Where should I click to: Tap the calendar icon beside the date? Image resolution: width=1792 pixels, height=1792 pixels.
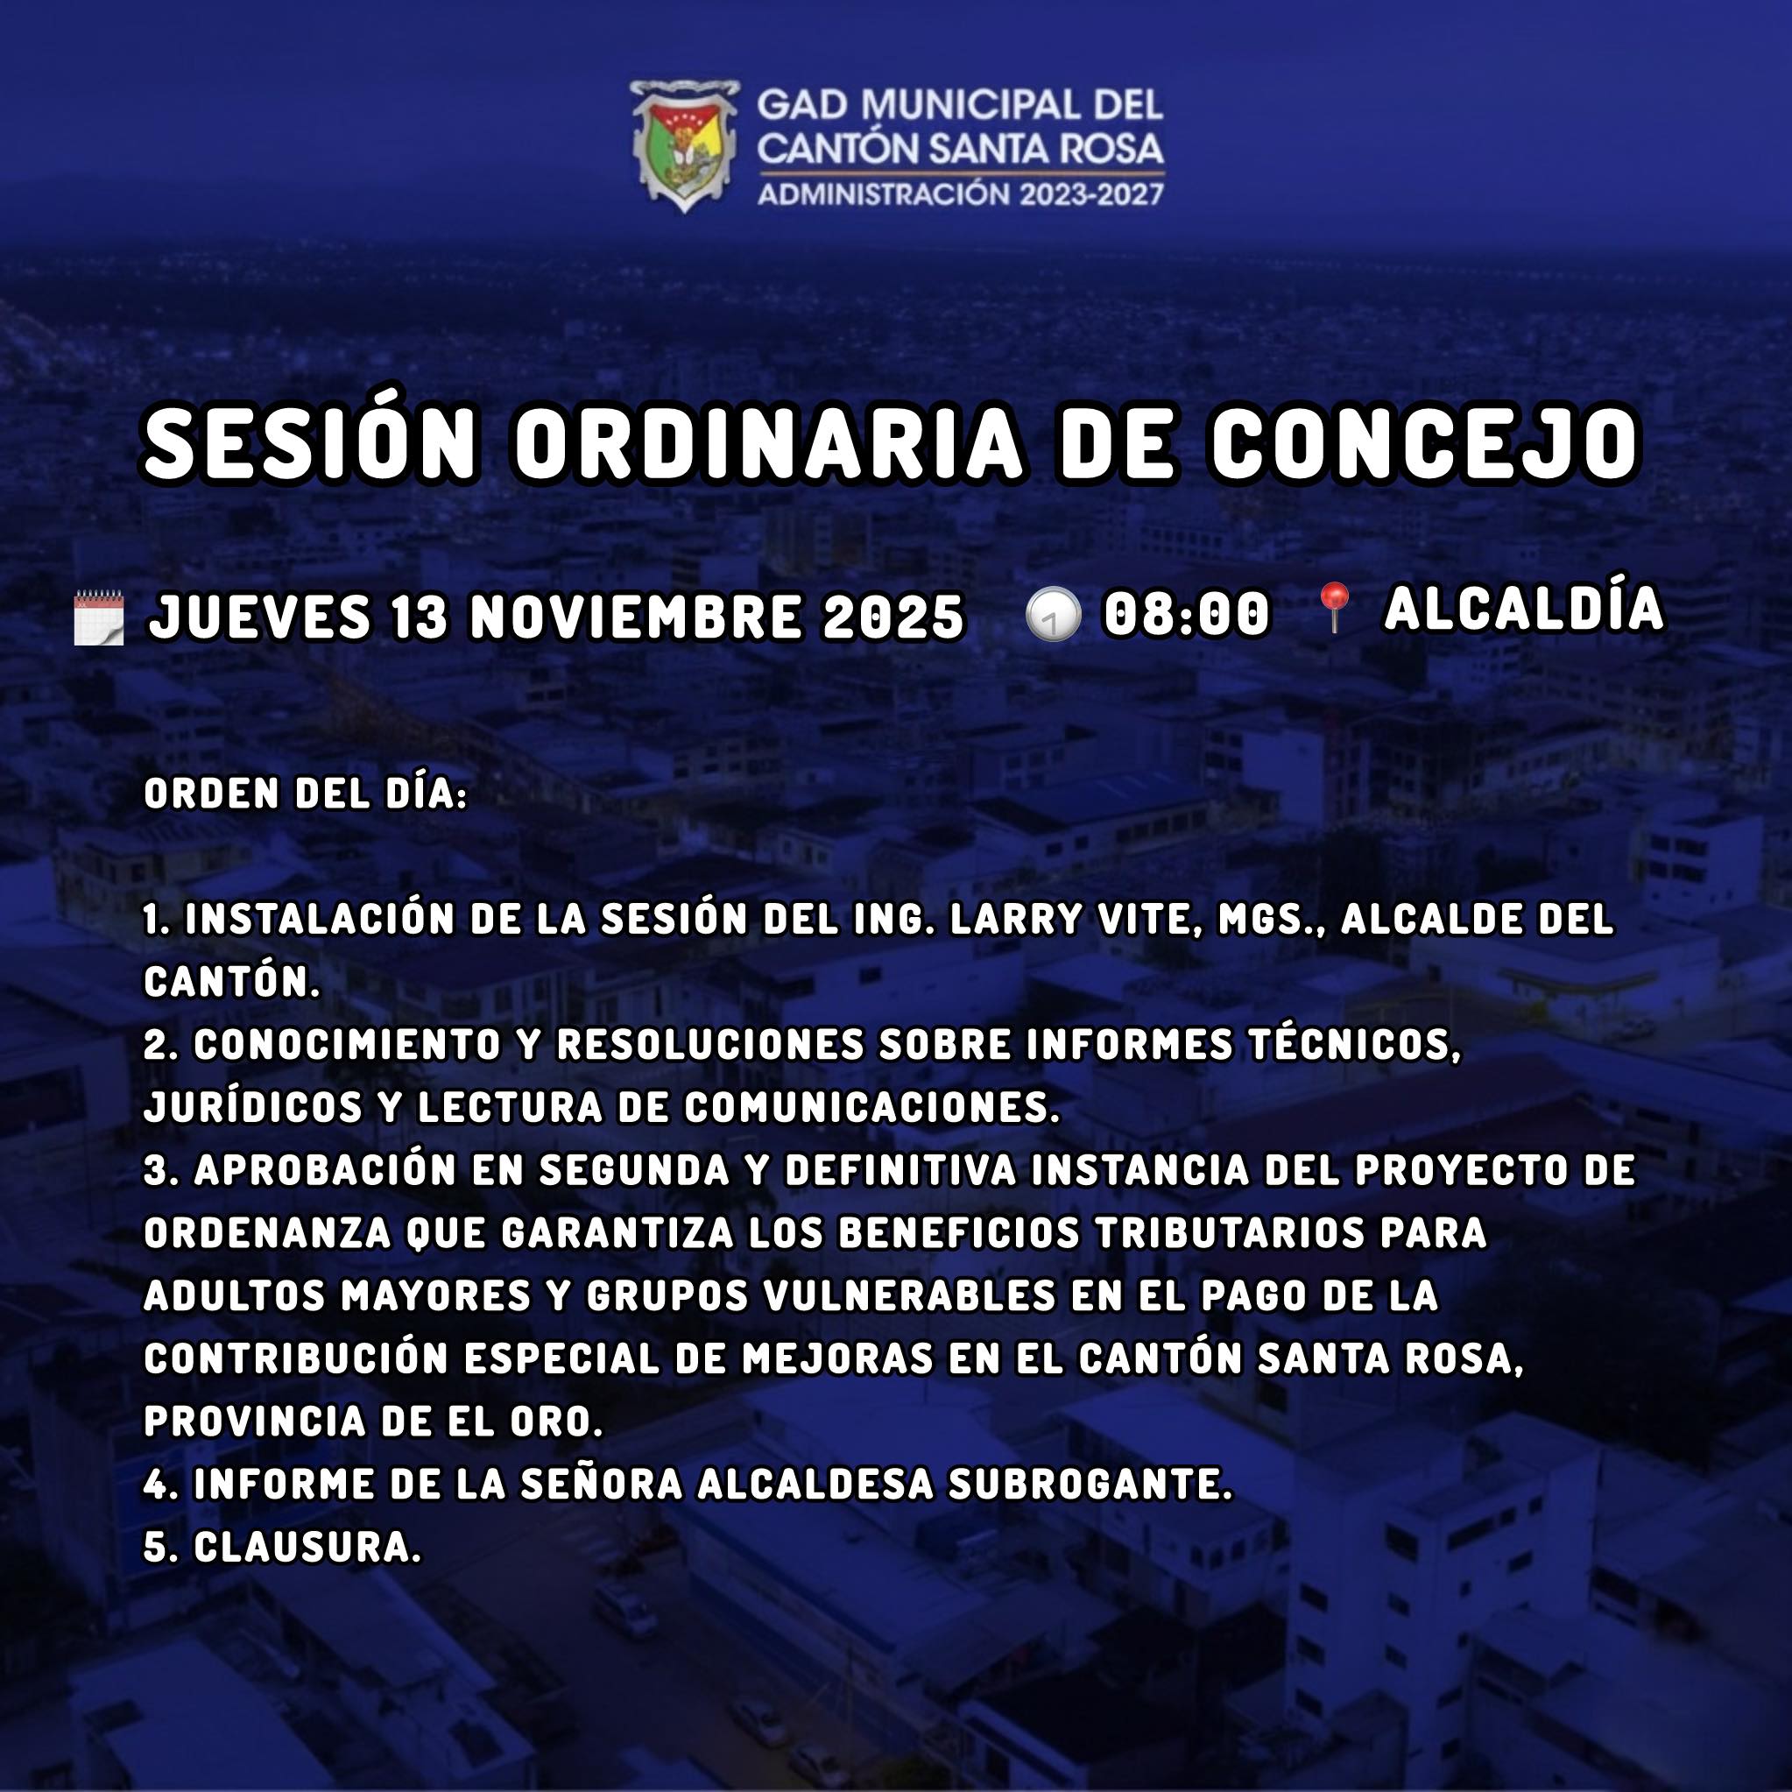coord(99,617)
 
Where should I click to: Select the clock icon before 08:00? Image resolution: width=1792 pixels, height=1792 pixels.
coord(1053,615)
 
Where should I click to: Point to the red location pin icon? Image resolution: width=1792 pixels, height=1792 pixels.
coord(1334,608)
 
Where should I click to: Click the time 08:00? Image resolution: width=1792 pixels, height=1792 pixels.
coord(1186,614)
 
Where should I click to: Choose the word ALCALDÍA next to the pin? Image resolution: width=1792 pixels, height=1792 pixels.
coord(1524,609)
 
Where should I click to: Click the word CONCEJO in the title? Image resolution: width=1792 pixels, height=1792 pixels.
coord(1425,442)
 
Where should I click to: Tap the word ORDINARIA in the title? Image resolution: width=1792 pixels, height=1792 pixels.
coord(769,442)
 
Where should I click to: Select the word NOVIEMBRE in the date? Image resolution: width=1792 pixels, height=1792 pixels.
coord(635,617)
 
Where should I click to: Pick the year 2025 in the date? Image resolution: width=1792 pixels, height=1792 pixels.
coord(894,617)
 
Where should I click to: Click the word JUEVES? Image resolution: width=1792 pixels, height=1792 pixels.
coord(260,617)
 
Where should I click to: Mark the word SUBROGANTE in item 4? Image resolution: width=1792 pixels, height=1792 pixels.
coord(1090,1485)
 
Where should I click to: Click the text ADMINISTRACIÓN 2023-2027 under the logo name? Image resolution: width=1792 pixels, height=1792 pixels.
coord(960,194)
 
